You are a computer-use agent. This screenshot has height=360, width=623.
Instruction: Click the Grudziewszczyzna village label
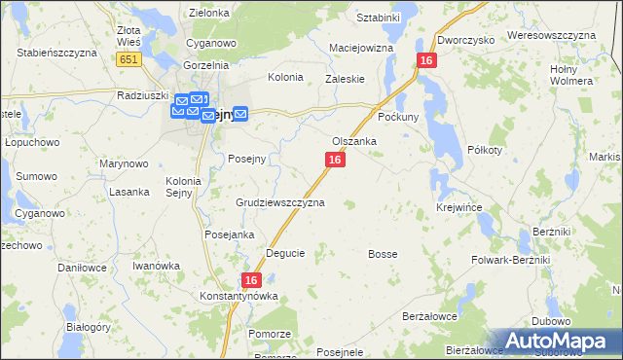pyautogui.click(x=280, y=203)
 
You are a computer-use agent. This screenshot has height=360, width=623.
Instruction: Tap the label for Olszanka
pyautogui.click(x=354, y=141)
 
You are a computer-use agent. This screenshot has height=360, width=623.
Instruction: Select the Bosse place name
pyautogui.click(x=383, y=254)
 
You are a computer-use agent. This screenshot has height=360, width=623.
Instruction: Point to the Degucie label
pyautogui.click(x=285, y=253)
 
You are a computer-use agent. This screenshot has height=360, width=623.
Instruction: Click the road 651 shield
pyautogui.click(x=128, y=59)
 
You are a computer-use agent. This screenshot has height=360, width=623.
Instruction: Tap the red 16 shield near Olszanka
pyautogui.click(x=335, y=159)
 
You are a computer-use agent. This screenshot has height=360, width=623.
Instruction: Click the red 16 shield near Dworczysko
pyautogui.click(x=426, y=60)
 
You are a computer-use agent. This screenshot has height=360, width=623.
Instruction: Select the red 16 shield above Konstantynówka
pyautogui.click(x=251, y=279)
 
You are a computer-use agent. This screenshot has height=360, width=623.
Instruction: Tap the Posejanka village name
pyautogui.click(x=229, y=234)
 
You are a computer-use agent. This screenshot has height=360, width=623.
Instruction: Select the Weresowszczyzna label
pyautogui.click(x=551, y=35)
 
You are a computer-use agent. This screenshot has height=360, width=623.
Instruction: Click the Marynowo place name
pyautogui.click(x=124, y=163)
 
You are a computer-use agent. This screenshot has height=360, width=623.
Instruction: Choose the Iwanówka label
pyautogui.click(x=158, y=265)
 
